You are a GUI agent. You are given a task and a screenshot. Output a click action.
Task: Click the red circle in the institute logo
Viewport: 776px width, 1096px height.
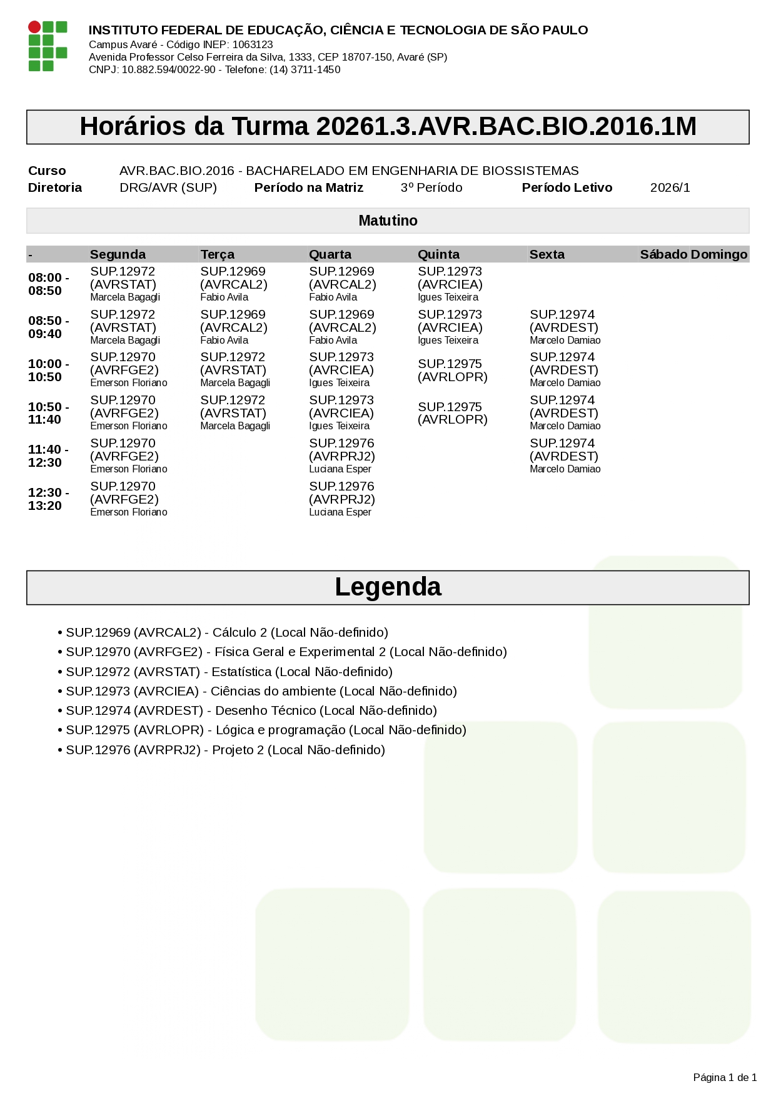[x=34, y=27]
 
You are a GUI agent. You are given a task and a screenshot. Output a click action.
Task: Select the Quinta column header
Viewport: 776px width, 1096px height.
[x=438, y=254]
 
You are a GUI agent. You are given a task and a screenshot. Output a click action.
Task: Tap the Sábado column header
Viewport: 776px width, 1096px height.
[x=663, y=254]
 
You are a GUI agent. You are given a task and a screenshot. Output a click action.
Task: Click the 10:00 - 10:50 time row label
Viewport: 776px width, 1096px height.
[x=49, y=371]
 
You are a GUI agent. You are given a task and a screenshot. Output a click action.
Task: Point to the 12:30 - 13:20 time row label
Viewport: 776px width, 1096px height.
[x=49, y=499]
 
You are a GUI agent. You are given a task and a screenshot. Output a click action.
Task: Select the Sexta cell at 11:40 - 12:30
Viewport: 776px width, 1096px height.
[x=565, y=456]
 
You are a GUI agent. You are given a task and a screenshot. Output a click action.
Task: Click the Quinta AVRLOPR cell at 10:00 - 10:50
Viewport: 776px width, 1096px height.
[x=452, y=371]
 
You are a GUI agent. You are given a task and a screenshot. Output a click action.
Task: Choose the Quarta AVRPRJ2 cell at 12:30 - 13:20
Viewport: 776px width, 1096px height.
[x=341, y=499]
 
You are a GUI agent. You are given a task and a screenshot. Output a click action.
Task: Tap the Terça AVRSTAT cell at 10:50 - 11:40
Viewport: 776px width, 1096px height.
[x=235, y=413]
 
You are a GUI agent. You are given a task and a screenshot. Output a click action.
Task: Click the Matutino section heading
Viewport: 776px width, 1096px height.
[x=388, y=221]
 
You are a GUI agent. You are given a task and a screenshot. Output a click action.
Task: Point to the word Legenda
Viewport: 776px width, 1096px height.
[x=388, y=587]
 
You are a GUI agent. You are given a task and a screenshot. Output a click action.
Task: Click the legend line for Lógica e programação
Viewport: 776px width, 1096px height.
[x=266, y=730]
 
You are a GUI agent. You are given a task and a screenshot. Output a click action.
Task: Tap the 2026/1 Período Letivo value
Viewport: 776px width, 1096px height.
[x=670, y=187]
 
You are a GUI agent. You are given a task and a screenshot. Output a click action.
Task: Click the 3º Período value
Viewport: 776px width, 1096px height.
[x=431, y=187]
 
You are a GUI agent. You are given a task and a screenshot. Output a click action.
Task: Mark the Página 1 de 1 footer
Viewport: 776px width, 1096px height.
[x=725, y=1077]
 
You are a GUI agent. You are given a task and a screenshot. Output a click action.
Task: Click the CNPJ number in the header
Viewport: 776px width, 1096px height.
[x=168, y=69]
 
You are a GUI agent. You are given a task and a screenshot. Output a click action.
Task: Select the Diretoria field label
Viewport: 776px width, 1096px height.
[x=55, y=187]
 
